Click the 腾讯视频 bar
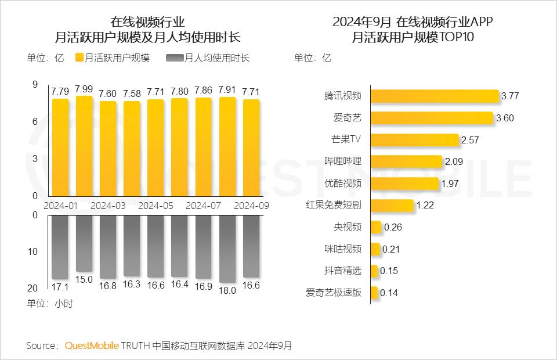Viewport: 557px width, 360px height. point(435,96)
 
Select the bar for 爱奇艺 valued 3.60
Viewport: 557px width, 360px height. point(432,118)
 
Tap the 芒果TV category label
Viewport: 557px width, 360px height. point(346,140)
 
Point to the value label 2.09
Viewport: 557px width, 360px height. point(454,162)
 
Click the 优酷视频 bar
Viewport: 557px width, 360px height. point(404,183)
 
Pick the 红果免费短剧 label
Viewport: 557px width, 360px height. point(333,205)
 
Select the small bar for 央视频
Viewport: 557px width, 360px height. point(376,227)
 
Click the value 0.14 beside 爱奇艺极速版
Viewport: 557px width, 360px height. point(389,293)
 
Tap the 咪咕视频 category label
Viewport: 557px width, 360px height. point(342,249)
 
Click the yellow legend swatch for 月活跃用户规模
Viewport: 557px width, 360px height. point(79,58)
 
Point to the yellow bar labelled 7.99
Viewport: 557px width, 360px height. point(84,145)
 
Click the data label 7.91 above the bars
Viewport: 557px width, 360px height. point(227,90)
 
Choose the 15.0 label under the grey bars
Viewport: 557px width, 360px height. point(84,279)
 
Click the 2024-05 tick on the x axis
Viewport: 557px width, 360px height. point(155,206)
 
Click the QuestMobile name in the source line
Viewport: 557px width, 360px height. point(91,345)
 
